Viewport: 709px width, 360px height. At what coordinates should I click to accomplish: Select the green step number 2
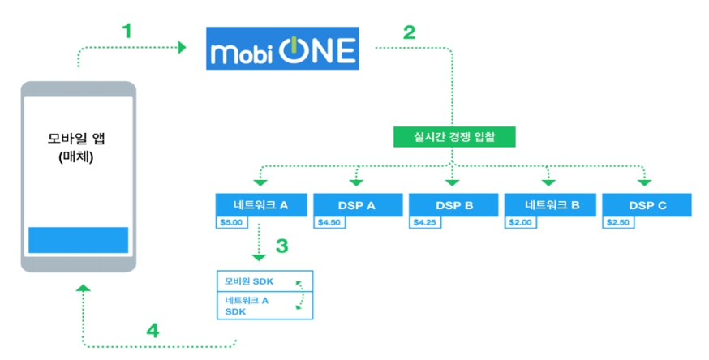[x=409, y=32]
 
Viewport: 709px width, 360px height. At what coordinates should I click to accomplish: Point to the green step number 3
[x=281, y=245]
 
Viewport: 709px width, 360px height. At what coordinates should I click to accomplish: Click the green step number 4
[x=153, y=330]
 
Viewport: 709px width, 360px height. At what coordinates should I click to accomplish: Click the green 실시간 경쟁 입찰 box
[x=454, y=137]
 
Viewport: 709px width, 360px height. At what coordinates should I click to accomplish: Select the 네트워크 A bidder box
[x=262, y=205]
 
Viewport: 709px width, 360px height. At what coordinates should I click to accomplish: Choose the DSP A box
[x=358, y=205]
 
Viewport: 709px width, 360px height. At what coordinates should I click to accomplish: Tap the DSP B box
[x=453, y=205]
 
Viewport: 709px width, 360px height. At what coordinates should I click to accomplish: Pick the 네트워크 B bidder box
[x=549, y=205]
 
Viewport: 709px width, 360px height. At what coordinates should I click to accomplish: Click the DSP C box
[x=647, y=205]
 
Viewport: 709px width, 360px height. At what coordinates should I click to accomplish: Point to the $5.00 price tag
[x=231, y=222]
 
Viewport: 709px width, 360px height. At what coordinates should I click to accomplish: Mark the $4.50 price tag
[x=329, y=222]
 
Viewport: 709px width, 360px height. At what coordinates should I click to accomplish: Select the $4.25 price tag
[x=424, y=222]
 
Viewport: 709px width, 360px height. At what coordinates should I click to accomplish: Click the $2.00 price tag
[x=520, y=222]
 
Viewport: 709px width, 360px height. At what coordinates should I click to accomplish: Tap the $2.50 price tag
[x=617, y=222]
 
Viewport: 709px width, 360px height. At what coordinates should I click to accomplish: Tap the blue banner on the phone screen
[x=79, y=240]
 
